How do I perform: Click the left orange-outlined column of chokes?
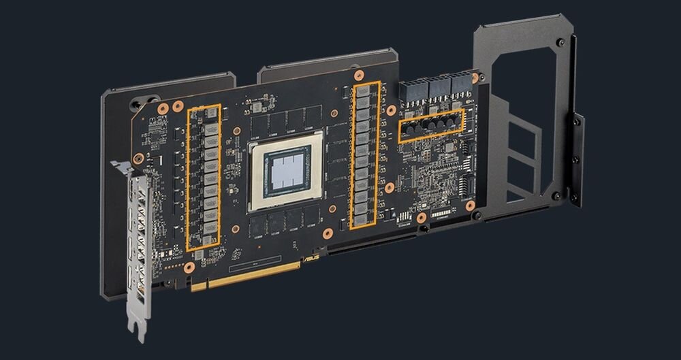coord(204,177)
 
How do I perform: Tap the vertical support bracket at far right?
coord(577,160)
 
